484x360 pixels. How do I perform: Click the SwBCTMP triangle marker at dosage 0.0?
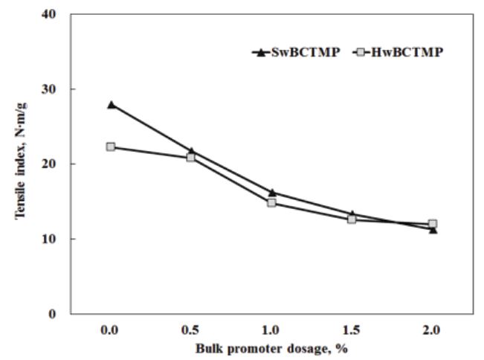112,105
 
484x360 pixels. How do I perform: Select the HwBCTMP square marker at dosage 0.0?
111,147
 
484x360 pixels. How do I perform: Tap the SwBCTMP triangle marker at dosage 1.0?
272,193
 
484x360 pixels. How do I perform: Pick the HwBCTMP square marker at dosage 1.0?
272,202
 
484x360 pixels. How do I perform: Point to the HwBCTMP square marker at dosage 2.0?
433,223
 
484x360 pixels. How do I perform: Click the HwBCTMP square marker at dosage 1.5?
352,219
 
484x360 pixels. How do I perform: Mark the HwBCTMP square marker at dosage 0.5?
191,157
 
